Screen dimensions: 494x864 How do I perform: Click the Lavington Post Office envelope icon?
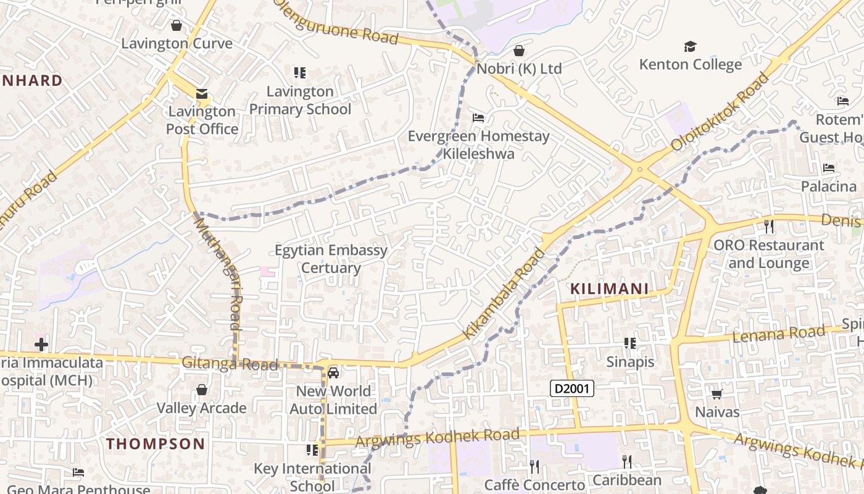pyautogui.click(x=202, y=94)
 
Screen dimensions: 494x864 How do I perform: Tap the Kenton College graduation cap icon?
pyautogui.click(x=690, y=47)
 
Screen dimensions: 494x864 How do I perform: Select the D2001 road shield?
pyautogui.click(x=572, y=388)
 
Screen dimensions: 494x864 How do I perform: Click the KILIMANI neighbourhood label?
pyautogui.click(x=609, y=288)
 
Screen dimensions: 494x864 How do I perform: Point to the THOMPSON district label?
pyautogui.click(x=156, y=443)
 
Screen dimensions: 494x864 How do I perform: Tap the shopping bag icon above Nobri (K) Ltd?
pyautogui.click(x=519, y=51)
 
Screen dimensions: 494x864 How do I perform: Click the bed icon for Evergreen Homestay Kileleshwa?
pyautogui.click(x=478, y=118)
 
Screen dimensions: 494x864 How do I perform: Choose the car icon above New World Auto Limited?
pyautogui.click(x=333, y=373)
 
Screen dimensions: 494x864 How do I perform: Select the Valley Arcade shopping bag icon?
pyautogui.click(x=201, y=390)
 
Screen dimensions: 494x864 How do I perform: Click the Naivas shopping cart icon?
pyautogui.click(x=717, y=394)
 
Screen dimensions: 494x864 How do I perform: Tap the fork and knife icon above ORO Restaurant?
pyautogui.click(x=768, y=227)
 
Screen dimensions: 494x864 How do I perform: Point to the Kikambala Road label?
pyautogui.click(x=504, y=293)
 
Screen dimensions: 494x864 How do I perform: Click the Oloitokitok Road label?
pyautogui.click(x=720, y=112)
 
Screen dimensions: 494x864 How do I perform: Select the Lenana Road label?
pyautogui.click(x=778, y=334)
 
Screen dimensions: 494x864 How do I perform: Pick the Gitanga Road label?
pyautogui.click(x=230, y=364)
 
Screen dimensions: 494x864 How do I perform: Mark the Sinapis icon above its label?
pyautogui.click(x=629, y=343)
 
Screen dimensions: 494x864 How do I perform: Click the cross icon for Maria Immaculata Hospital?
pyautogui.click(x=41, y=344)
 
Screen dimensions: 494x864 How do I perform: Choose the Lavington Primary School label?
pyautogui.click(x=300, y=100)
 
